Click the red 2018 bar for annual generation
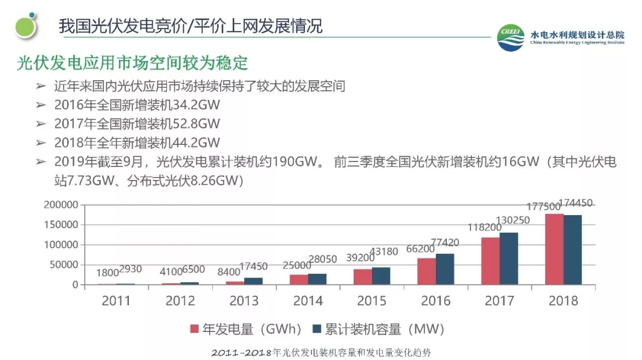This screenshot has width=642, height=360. pos(554,249)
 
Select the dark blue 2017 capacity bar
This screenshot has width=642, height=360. pos(508,258)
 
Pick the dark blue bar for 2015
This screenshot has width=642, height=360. pos(381,276)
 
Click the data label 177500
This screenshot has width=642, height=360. pos(543,206)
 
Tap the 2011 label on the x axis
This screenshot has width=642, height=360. pos(116,301)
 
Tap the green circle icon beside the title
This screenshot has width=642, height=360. pos(26,26)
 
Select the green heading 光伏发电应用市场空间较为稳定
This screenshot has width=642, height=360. pos(132,63)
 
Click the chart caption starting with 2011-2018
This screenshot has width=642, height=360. pos(321,353)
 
